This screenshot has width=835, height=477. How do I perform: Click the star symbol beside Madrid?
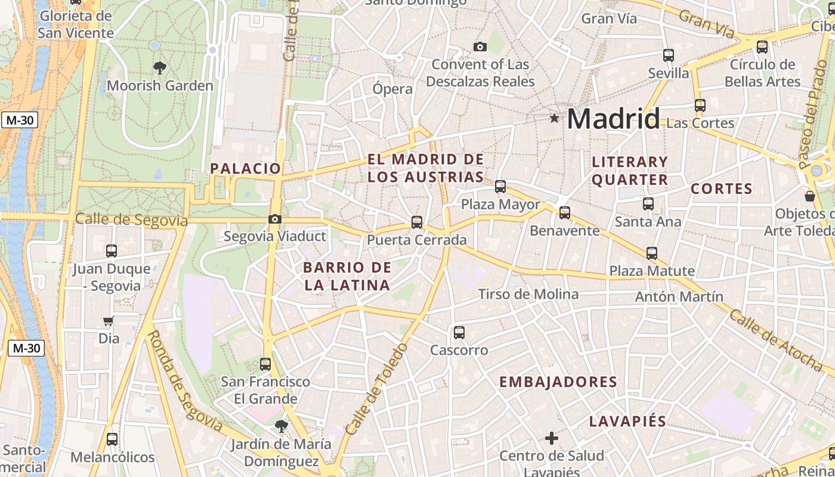555,118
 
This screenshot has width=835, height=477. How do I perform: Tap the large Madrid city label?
613,119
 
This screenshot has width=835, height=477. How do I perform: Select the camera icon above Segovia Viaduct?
275,219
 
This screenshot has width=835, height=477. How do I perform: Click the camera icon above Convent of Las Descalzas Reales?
480,47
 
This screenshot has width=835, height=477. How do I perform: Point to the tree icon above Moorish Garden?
159,67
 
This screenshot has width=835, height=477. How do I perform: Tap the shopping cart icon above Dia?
109,321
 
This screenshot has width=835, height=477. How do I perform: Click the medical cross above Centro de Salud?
552,438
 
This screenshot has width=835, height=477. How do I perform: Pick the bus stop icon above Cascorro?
459,332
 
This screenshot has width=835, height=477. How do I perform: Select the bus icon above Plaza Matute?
652,253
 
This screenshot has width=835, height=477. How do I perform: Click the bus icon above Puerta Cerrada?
417,222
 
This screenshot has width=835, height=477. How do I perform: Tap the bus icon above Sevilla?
669,55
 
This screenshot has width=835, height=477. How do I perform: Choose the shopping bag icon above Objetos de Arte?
810,196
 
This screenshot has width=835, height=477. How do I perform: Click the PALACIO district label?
245,169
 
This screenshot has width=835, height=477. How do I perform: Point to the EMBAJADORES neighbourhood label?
558,382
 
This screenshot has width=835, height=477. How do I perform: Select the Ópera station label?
392,89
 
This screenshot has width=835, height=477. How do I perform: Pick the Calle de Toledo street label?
376,388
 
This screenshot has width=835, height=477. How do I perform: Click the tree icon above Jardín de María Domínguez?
281,426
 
